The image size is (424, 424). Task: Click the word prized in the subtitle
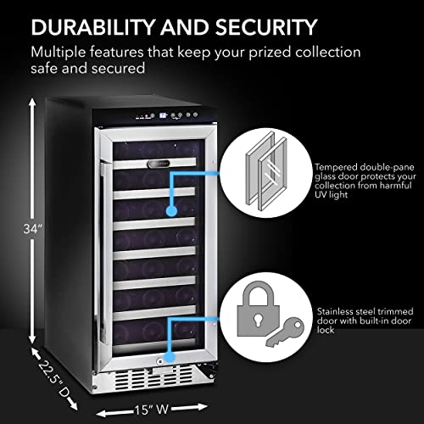point(292,52)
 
